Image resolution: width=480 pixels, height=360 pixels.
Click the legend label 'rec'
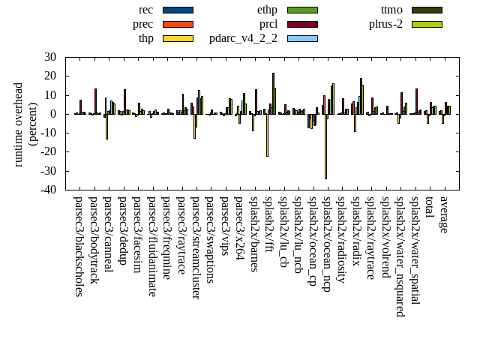[x=146, y=10]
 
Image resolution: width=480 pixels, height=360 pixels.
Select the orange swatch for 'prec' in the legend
[x=178, y=24]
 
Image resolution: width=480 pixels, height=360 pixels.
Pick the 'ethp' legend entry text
[x=267, y=10]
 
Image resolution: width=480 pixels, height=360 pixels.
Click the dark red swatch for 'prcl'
[x=302, y=24]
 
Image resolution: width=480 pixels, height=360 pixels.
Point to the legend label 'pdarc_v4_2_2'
[x=243, y=38]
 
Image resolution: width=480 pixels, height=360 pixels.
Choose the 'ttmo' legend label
[x=391, y=10]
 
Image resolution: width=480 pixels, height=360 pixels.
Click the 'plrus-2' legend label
[x=385, y=24]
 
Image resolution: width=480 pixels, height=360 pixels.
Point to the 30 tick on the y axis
[x=50, y=57]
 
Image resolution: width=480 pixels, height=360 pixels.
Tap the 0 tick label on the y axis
[x=53, y=114]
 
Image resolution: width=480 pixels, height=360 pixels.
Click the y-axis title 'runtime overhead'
[x=19, y=124]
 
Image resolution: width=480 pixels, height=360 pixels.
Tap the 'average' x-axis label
[x=444, y=214]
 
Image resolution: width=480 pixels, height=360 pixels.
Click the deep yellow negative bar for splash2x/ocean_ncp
[x=325, y=146]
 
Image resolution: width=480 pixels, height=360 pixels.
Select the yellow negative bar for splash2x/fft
[x=267, y=135]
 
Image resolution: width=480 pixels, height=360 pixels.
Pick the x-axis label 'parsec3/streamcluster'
[x=196, y=247]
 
